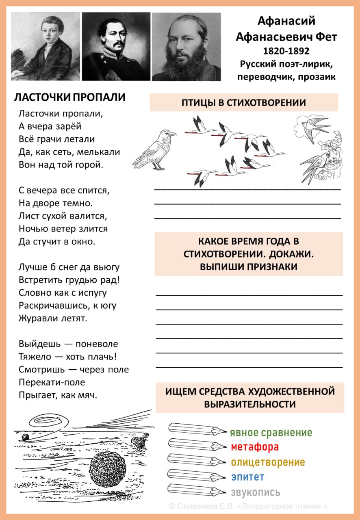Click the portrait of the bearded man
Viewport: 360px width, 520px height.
click(x=187, y=46)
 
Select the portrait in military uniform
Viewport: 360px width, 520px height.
click(x=116, y=46)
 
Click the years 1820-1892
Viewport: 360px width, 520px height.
click(x=286, y=51)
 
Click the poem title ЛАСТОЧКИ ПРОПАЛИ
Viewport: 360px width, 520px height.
click(x=69, y=97)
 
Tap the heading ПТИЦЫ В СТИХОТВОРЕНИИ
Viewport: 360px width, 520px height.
click(x=243, y=102)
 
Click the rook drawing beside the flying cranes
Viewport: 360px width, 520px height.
click(x=156, y=149)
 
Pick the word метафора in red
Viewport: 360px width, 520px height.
click(x=255, y=447)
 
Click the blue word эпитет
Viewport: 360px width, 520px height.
click(x=247, y=477)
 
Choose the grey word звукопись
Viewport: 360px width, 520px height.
click(x=256, y=492)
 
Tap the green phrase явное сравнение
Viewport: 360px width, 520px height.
click(x=271, y=433)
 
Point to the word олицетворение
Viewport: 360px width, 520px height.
click(x=268, y=462)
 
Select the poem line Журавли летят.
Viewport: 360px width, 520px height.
click(x=53, y=318)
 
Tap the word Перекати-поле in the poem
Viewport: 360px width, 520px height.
click(x=52, y=382)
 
